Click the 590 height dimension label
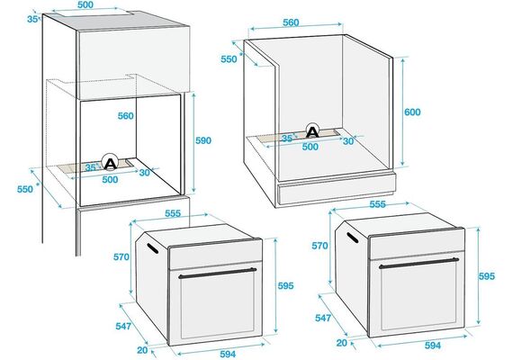click(x=203, y=140)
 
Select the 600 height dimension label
click(x=412, y=112)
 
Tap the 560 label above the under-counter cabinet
click(x=291, y=22)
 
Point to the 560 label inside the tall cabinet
click(x=126, y=116)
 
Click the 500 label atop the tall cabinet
click(x=85, y=4)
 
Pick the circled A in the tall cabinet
click(x=110, y=162)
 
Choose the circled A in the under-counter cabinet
click(x=312, y=130)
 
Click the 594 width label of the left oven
click(x=228, y=354)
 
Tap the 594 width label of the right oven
click(x=433, y=346)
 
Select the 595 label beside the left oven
click(x=285, y=285)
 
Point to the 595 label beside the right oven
click(x=487, y=276)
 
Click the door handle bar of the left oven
click(x=218, y=274)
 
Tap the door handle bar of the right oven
click(x=418, y=263)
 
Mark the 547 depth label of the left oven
click(x=123, y=326)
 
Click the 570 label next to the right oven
click(x=319, y=246)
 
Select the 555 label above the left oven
click(x=173, y=213)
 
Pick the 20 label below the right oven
click(x=342, y=343)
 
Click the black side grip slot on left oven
click(x=153, y=248)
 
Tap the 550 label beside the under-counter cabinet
click(x=229, y=59)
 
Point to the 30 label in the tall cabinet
click(x=144, y=173)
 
